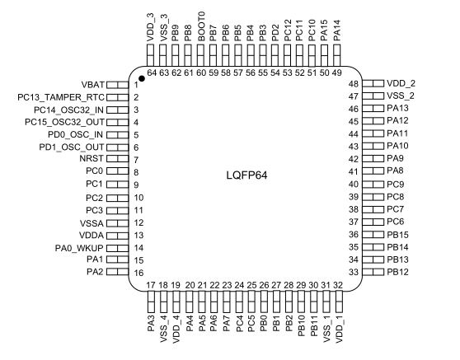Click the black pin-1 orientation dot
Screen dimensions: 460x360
(x=142, y=78)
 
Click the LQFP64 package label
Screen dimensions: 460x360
(x=246, y=175)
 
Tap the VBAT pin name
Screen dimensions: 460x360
(x=92, y=85)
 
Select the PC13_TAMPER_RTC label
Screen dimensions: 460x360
(x=61, y=97)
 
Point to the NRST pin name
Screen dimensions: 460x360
(x=92, y=159)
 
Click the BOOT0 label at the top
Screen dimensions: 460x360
(x=201, y=26)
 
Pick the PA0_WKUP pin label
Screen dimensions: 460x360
(x=79, y=248)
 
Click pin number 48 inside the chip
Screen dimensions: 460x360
(x=354, y=84)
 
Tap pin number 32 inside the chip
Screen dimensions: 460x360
(x=338, y=285)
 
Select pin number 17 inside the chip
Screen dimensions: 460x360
(x=151, y=285)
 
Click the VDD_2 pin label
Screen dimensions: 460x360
(x=401, y=83)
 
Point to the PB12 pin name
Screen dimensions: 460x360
(x=397, y=272)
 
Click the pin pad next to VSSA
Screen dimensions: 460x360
(x=117, y=223)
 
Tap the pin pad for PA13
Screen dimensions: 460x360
(x=373, y=109)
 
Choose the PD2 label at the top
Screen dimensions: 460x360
(x=275, y=33)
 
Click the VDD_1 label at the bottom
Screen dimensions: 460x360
(x=339, y=330)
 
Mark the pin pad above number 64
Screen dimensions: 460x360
(x=151, y=55)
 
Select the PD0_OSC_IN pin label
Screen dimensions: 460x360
(x=75, y=134)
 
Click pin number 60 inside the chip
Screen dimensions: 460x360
(x=201, y=72)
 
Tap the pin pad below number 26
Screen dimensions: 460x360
(x=264, y=302)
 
